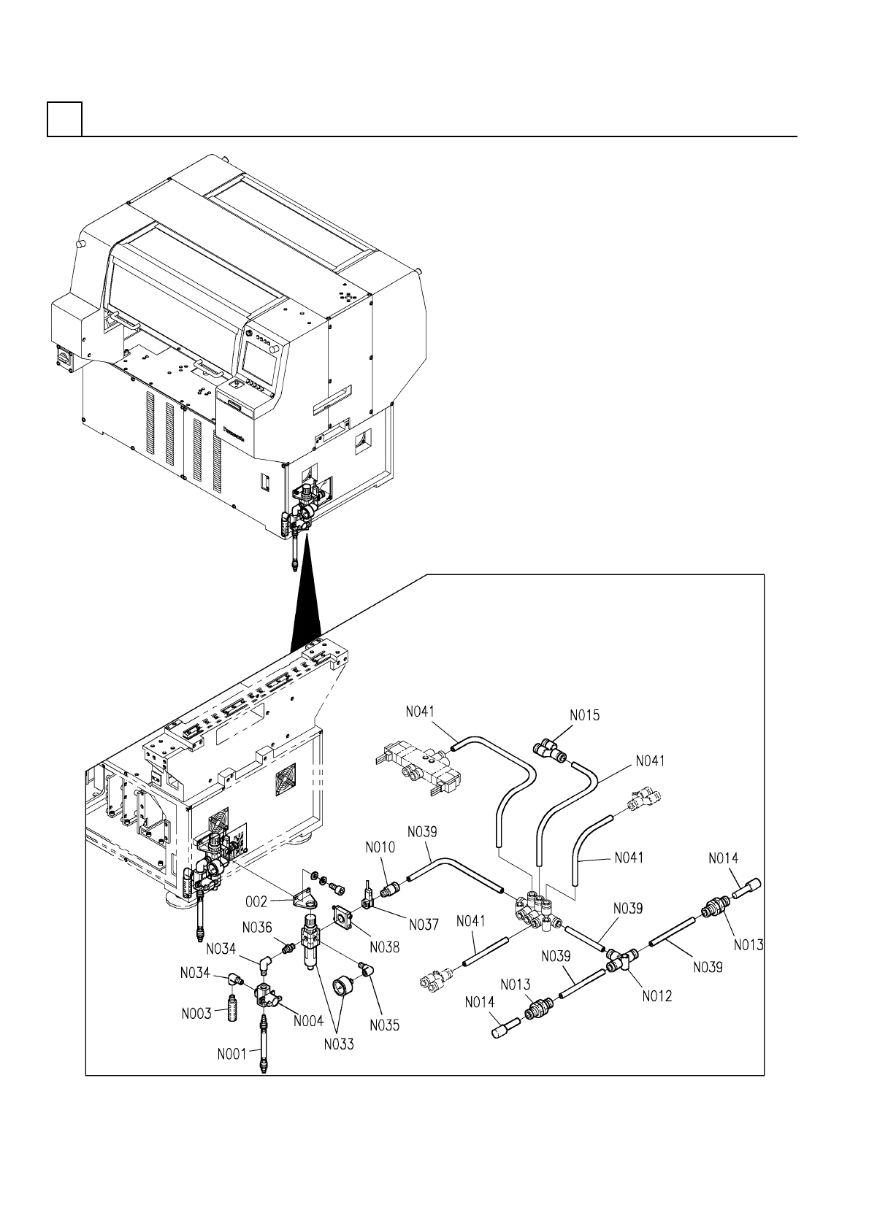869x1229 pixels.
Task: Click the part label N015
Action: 584,716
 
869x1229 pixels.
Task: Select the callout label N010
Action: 380,847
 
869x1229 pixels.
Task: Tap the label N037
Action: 424,924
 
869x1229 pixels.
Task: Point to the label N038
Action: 385,947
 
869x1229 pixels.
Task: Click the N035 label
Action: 385,1025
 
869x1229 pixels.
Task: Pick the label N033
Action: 339,1044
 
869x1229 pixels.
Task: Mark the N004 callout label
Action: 309,1021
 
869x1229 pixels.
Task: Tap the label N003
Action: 196,1014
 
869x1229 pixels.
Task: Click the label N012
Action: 657,996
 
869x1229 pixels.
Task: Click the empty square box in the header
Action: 64,119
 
